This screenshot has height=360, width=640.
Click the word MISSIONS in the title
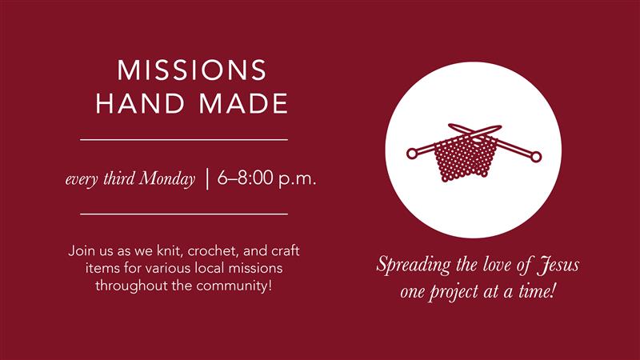(x=192, y=70)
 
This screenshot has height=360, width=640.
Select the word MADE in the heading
(x=244, y=103)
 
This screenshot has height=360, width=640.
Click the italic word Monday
(x=167, y=178)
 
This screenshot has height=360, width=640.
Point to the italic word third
(x=118, y=178)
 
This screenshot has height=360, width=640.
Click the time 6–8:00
(x=246, y=178)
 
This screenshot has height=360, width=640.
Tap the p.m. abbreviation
(x=298, y=179)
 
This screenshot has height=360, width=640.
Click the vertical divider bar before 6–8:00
(x=207, y=178)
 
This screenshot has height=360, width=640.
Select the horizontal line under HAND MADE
(x=184, y=139)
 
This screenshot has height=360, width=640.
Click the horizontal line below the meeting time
(x=184, y=214)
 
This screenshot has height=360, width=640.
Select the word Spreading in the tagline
(x=414, y=266)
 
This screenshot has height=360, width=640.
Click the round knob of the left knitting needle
(x=412, y=154)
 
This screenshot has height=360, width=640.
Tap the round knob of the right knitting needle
(x=536, y=156)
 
